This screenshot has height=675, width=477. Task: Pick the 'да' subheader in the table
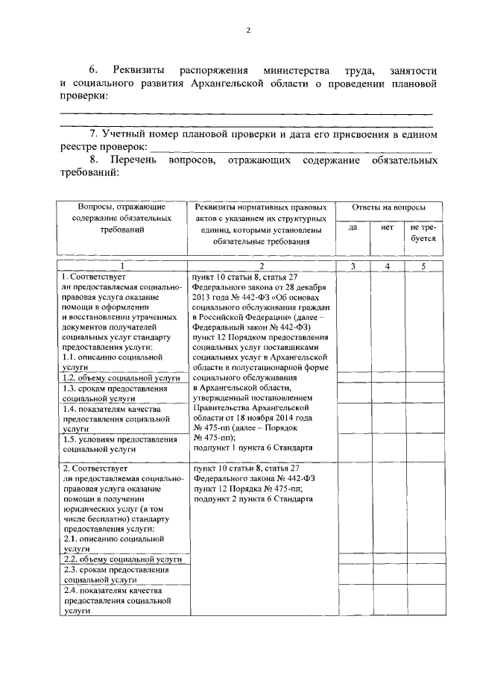click(x=353, y=227)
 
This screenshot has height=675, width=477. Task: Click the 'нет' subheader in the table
click(x=387, y=227)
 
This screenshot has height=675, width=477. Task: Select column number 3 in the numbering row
click(x=353, y=266)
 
